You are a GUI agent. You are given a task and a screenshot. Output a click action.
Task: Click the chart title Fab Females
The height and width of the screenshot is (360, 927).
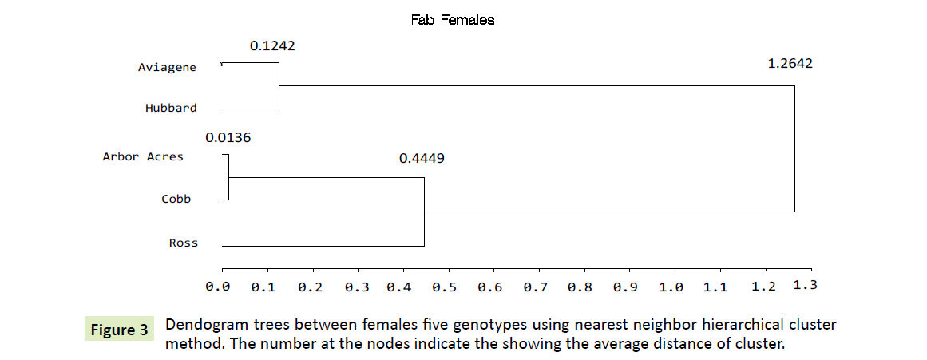tap(453, 20)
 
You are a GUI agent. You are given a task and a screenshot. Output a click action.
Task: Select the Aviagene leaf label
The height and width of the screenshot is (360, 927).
tap(167, 68)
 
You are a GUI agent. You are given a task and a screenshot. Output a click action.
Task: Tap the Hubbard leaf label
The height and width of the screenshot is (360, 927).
tap(171, 108)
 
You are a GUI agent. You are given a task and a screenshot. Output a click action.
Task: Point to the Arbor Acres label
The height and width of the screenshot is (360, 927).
tap(143, 156)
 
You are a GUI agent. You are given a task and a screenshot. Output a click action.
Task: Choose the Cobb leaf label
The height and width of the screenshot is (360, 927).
tap(176, 199)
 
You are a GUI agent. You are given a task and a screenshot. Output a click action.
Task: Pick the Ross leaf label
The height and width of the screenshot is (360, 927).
tap(184, 243)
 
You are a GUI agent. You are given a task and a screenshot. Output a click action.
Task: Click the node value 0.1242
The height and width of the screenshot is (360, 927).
tap(272, 46)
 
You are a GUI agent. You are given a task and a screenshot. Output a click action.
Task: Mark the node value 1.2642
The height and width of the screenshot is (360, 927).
tap(790, 64)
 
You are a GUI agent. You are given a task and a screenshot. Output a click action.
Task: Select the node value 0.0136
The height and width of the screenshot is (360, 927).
tap(228, 137)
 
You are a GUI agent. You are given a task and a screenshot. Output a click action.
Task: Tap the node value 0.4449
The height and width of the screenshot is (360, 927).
tap(422, 158)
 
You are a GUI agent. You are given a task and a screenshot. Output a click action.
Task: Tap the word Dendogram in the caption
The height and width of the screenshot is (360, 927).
tap(204, 326)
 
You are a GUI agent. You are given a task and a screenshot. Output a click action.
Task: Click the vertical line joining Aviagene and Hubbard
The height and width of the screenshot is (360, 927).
tap(279, 85)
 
